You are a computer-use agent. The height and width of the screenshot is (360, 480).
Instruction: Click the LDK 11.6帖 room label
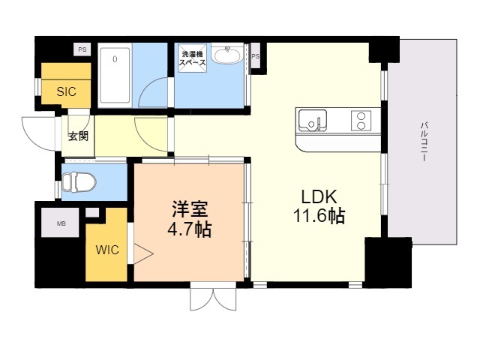tap(323, 206)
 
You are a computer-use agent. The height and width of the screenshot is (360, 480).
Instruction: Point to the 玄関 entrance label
tap(77, 136)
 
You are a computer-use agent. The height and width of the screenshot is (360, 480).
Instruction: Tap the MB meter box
tap(61, 223)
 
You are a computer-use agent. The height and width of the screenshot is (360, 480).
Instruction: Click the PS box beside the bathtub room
tap(81, 50)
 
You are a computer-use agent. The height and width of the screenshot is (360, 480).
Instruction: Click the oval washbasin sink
tap(226, 55)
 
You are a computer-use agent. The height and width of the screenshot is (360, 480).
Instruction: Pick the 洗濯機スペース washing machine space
tap(190, 58)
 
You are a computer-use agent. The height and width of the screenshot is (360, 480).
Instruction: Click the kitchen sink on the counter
tap(313, 120)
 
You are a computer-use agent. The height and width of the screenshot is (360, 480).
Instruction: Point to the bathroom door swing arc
tap(154, 90)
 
